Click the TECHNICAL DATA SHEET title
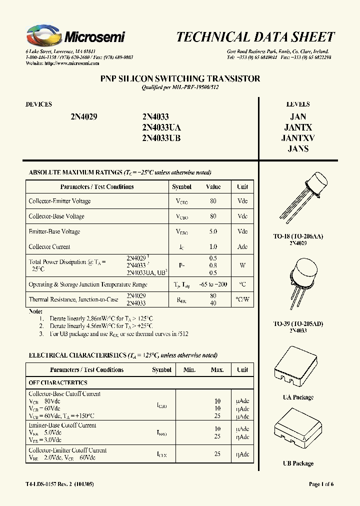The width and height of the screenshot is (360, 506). [255, 37]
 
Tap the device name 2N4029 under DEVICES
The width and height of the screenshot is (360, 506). [83, 116]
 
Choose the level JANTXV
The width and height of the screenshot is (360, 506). [298, 138]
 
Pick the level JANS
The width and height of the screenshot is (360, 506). [298, 149]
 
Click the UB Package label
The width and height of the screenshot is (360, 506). [298, 463]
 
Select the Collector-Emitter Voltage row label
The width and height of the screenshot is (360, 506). [60, 201]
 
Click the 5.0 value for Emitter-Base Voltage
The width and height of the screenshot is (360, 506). [213, 231]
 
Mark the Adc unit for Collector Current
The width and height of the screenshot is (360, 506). [242, 246]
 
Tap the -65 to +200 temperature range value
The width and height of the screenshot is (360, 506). [213, 284]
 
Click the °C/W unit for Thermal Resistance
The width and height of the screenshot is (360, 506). [242, 299]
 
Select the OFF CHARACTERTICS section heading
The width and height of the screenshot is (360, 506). [58, 382]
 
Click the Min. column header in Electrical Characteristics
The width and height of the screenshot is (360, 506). [189, 370]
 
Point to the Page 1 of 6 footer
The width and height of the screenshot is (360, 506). [321, 484]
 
